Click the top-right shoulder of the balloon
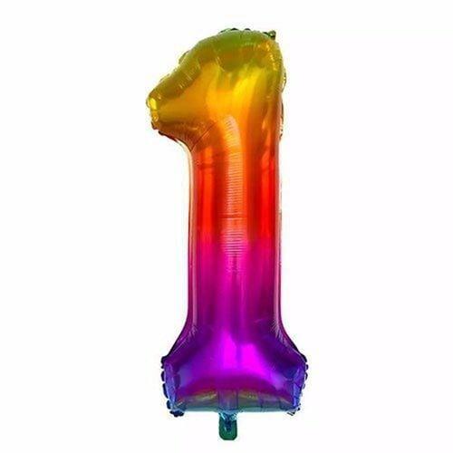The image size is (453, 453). pos(276,54)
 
